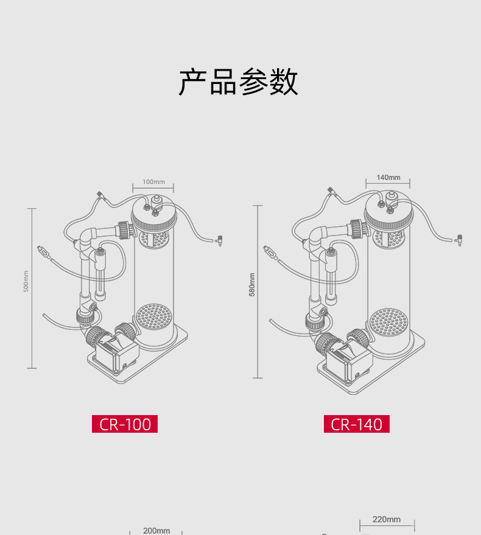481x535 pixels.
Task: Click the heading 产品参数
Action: point(239,82)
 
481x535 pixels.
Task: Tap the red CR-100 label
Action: point(125,424)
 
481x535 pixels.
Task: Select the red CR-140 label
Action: point(356,424)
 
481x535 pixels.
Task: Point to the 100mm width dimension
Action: point(153,181)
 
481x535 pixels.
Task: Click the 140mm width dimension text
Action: point(388,177)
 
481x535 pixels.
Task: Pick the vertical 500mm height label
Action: point(26,281)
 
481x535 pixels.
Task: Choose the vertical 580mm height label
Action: point(252,284)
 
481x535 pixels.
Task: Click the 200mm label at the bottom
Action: point(156,531)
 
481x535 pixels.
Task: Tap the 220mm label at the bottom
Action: point(387,519)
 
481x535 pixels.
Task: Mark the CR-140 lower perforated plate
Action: point(389,320)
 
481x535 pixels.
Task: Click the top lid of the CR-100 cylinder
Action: point(154,214)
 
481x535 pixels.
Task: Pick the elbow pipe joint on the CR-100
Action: point(89,236)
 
